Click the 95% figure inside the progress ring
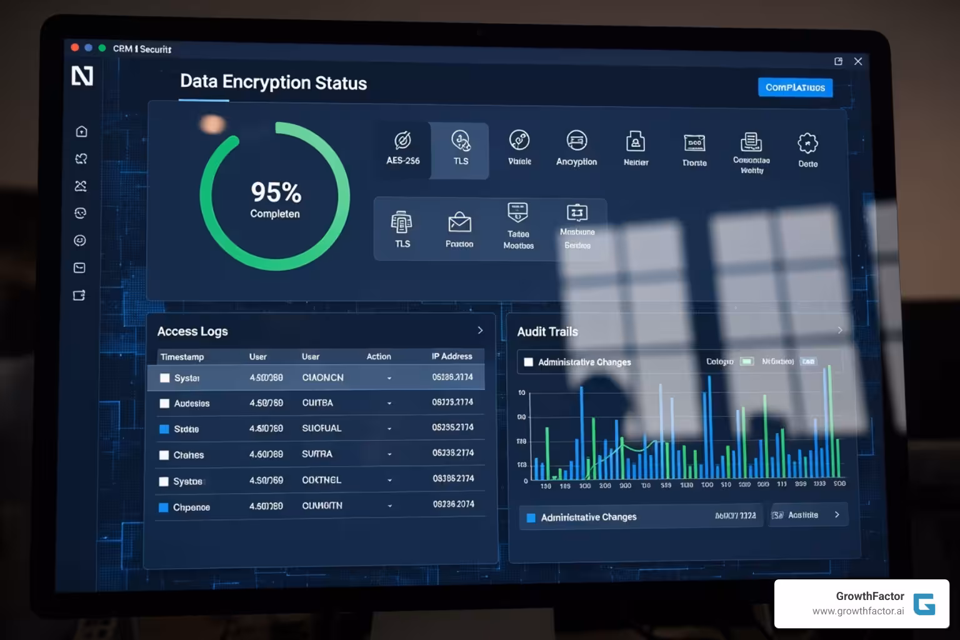click(276, 192)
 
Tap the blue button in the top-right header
click(795, 87)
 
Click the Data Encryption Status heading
click(273, 82)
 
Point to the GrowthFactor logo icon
click(924, 604)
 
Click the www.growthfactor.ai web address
click(857, 611)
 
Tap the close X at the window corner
click(858, 61)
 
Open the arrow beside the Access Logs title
click(480, 330)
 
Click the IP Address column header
click(452, 356)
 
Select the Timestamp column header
click(182, 357)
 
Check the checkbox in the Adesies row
click(164, 404)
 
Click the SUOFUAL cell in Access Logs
click(321, 428)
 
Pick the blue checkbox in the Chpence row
click(164, 507)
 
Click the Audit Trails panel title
click(547, 332)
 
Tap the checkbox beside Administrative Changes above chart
click(529, 362)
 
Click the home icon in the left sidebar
click(81, 131)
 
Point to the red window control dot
click(75, 47)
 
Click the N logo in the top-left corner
click(82, 76)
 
